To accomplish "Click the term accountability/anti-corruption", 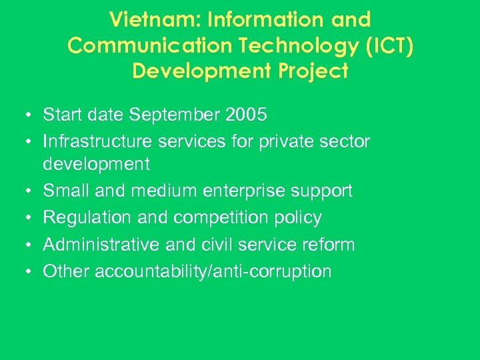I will [x=213, y=271].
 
